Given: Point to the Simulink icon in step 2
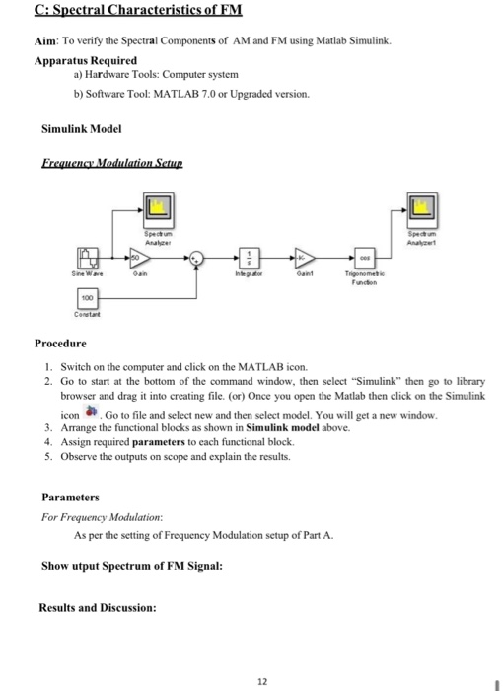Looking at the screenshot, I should (x=94, y=411).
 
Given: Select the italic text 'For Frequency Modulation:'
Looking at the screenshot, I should (x=102, y=516).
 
